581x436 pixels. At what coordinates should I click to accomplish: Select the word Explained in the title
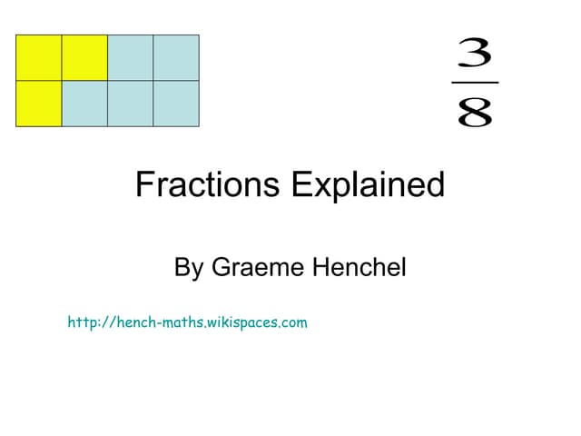point(368,185)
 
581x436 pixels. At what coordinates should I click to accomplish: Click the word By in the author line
point(188,268)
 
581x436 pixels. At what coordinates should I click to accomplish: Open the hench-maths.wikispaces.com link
point(187,322)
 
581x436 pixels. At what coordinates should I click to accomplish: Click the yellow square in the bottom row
point(39,104)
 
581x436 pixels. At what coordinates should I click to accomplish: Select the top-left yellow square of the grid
point(39,58)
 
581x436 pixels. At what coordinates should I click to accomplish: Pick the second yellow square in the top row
point(84,58)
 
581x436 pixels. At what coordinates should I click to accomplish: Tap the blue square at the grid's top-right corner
point(176,58)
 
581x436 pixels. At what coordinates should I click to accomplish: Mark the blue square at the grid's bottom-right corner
point(176,104)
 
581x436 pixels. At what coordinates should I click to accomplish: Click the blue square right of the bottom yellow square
point(84,104)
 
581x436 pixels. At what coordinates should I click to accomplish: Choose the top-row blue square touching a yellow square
point(130,58)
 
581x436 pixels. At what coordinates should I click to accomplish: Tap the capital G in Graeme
point(222,268)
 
